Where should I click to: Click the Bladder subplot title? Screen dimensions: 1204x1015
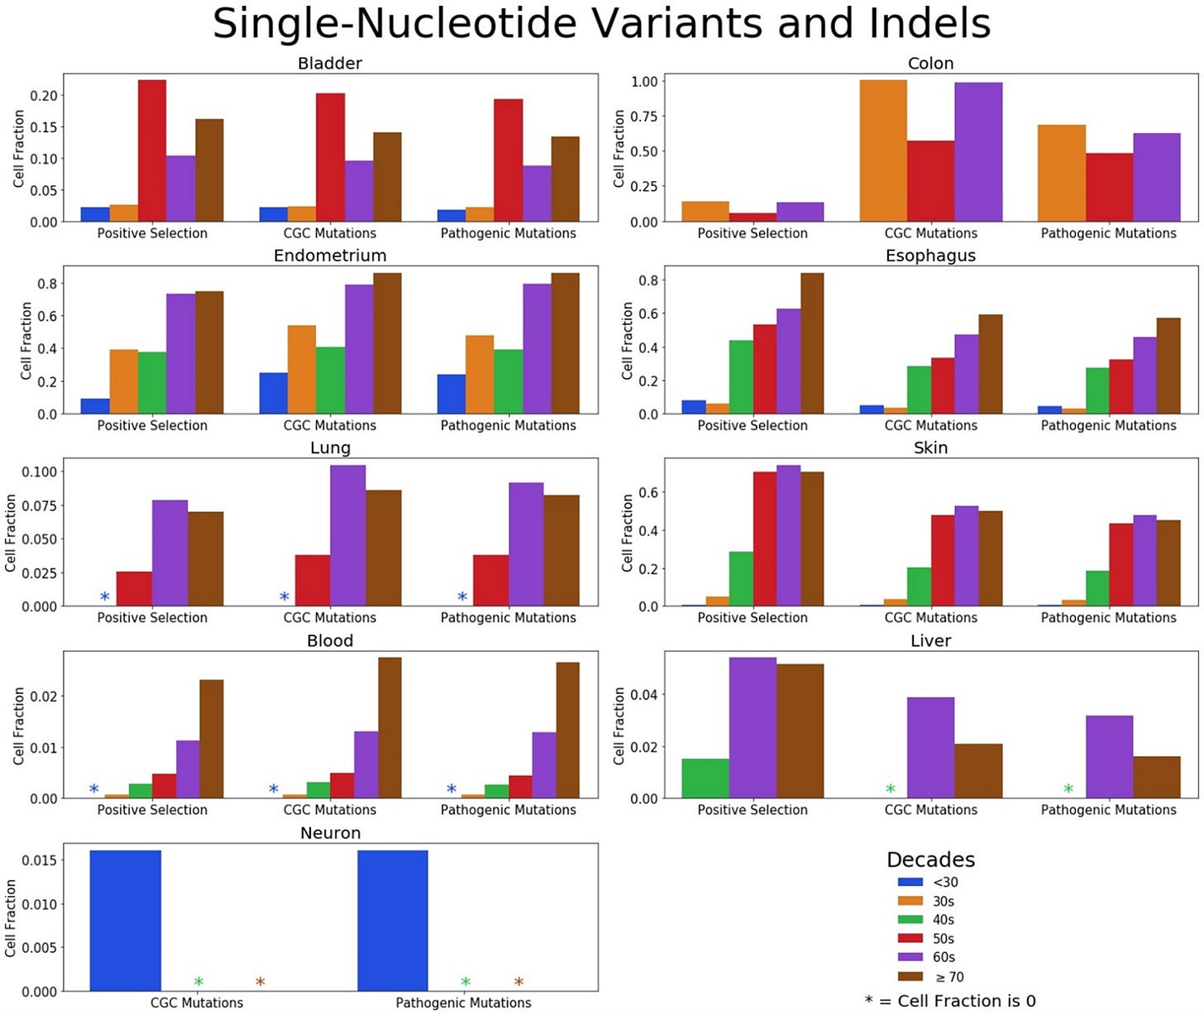tap(330, 63)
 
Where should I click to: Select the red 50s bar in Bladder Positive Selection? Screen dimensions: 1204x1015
tap(152, 151)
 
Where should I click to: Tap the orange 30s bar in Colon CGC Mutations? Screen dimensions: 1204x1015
tap(883, 151)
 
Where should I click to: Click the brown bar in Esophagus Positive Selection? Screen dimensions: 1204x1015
tap(812, 343)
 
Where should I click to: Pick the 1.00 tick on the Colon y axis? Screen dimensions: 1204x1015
tap(644, 81)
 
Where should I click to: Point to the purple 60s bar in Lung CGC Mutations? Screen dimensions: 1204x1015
tap(347, 535)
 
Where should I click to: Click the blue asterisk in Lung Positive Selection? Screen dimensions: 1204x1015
tap(104, 596)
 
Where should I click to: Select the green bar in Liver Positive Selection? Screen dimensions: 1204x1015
tap(705, 778)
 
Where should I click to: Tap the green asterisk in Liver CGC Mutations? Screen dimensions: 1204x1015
tap(891, 789)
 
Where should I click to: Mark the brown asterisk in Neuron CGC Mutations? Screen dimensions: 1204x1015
tap(260, 982)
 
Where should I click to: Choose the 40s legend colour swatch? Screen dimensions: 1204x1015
tap(910, 920)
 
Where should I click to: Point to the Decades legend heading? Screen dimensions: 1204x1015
tap(930, 859)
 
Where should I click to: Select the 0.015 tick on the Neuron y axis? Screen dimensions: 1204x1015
tap(40, 860)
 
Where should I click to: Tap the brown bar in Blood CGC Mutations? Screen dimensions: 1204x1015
tap(389, 728)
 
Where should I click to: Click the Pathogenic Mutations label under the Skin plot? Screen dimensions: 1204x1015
tap(1108, 617)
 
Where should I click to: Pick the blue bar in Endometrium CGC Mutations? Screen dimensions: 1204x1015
tap(274, 394)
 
